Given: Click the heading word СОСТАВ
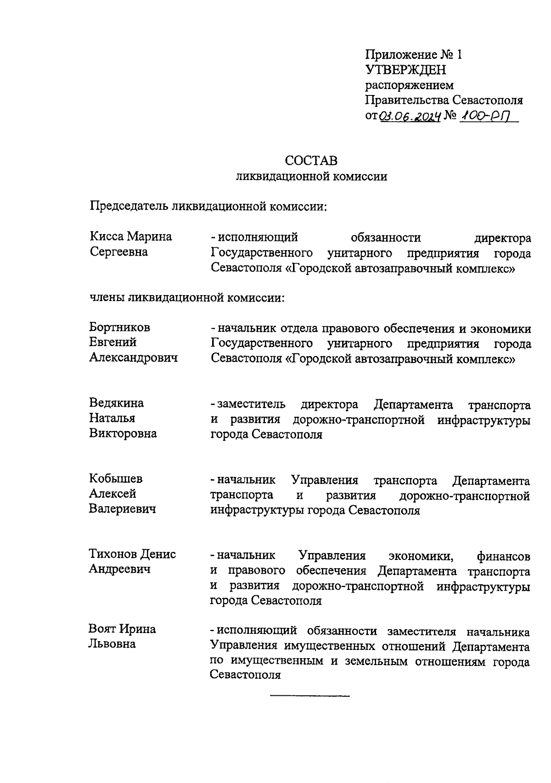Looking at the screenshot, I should tap(311, 161).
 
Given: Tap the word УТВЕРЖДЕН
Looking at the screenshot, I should tap(405, 70).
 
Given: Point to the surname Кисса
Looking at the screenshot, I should tap(107, 237).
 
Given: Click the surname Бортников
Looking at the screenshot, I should tap(120, 327).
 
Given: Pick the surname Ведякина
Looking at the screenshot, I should tap(116, 403).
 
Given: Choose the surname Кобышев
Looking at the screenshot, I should tap(116, 479).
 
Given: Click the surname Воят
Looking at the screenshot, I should tap(103, 629).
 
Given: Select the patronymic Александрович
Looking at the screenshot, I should tap(133, 358).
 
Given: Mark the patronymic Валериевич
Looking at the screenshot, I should tap(123, 509).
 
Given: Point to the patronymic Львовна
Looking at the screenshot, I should tap(112, 644).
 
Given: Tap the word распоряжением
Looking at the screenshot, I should tap(409, 85).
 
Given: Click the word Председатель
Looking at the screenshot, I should tap(129, 206).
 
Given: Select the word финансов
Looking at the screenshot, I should tap(504, 556).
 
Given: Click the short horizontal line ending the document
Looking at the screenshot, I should tap(310, 697).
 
